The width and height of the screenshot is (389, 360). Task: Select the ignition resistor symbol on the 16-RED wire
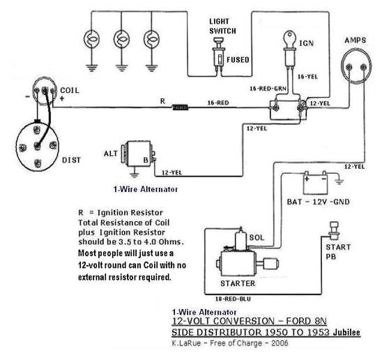pos(181,107)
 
